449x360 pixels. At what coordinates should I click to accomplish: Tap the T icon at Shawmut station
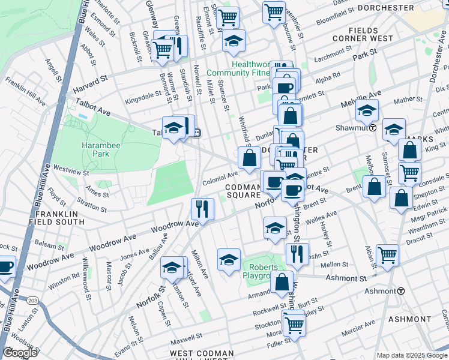pos(373,128)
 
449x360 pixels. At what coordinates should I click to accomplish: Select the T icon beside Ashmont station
pos(400,291)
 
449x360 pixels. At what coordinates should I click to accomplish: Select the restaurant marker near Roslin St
pos(297,253)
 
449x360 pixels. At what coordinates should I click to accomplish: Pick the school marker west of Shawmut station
pos(367,110)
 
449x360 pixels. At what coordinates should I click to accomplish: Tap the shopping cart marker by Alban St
pos(388,254)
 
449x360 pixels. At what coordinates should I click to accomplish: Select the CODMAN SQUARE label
pos(243,191)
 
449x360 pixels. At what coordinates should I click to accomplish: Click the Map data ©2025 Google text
pos(412,355)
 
